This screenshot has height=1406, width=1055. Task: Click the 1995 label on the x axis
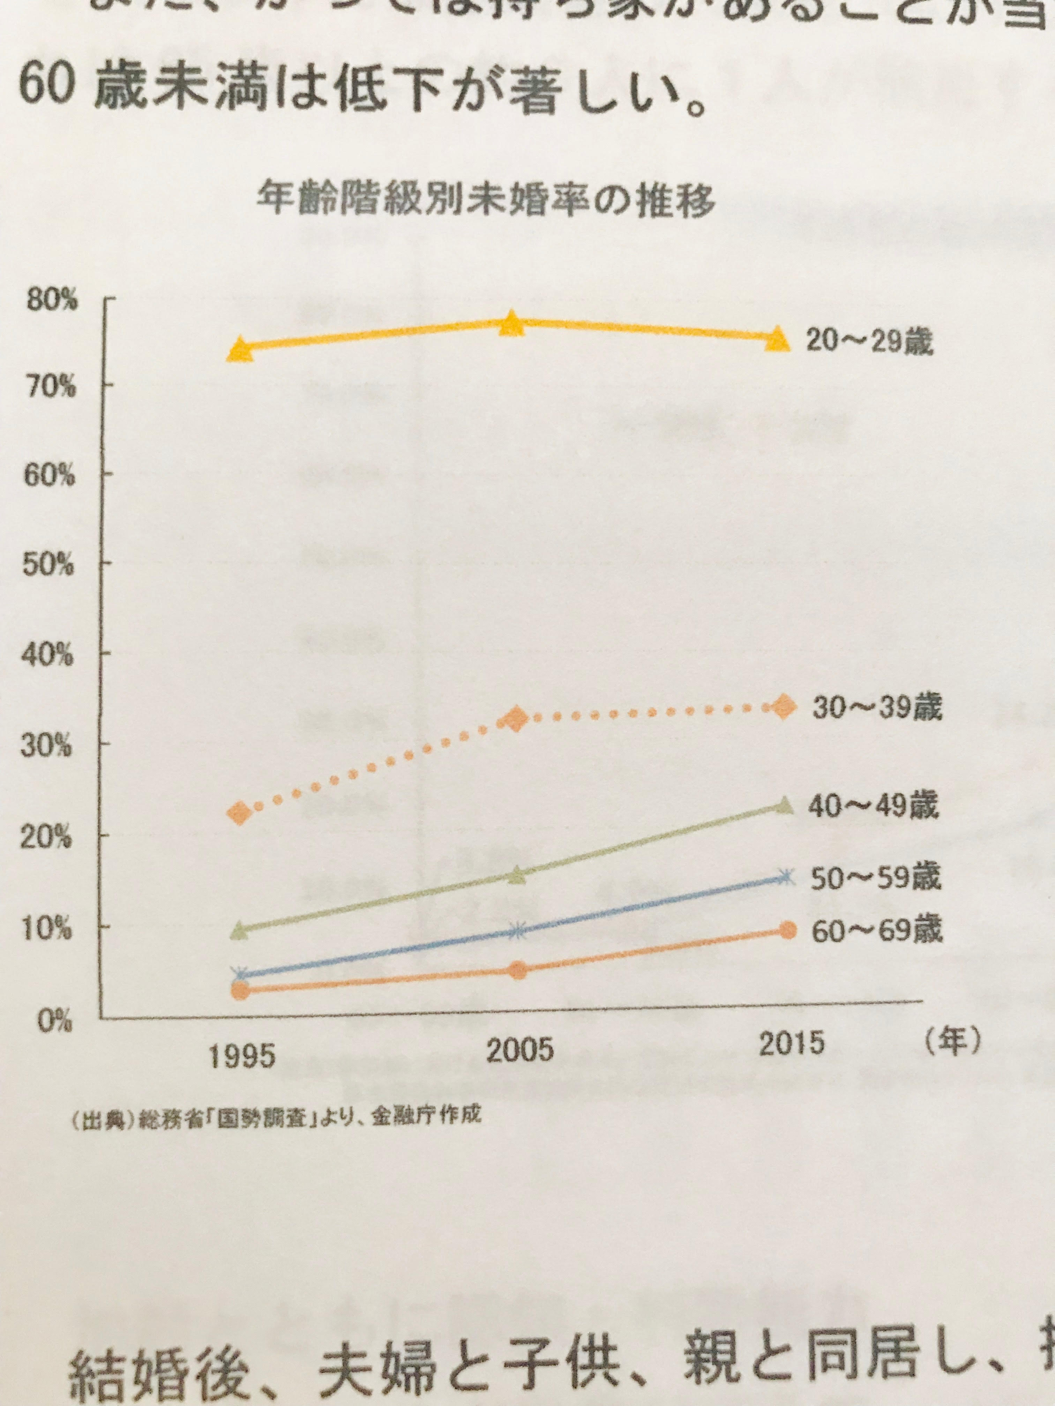(242, 1056)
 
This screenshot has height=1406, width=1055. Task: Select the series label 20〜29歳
(869, 342)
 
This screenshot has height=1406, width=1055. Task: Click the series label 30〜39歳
(876, 708)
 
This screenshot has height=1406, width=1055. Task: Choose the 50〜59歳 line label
(875, 878)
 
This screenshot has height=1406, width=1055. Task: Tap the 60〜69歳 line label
(876, 931)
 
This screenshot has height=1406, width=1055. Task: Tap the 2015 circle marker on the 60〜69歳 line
(787, 931)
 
